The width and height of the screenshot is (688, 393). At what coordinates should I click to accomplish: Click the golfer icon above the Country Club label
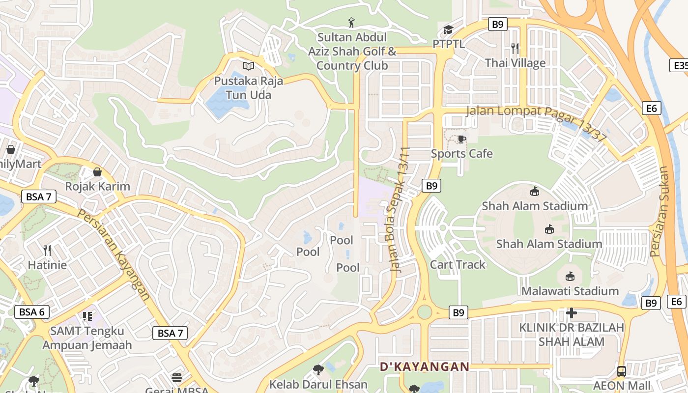coord(351,23)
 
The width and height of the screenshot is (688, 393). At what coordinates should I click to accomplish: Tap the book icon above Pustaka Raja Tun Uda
coord(249,66)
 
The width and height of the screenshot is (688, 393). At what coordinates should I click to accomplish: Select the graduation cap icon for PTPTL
coord(448,30)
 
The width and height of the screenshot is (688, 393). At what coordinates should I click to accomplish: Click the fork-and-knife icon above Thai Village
coord(515,48)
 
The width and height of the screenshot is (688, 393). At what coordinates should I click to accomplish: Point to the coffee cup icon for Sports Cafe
coord(461,139)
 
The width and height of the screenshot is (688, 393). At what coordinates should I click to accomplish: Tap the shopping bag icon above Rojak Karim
coord(97,172)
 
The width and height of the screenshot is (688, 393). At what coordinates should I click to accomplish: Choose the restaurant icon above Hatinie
coord(47,251)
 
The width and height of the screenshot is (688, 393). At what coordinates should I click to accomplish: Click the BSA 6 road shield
coord(32,311)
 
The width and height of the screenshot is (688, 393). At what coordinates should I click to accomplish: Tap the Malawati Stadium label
coord(570,291)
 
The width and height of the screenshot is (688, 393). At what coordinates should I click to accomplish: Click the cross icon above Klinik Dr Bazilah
coord(571,312)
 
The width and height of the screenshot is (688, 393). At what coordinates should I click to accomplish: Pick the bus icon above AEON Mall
coord(622,371)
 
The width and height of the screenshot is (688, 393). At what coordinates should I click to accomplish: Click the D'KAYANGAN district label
coord(425,366)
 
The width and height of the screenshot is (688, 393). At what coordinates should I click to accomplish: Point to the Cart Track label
coord(458,264)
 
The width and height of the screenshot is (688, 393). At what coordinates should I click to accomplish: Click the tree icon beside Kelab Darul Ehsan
coord(318,369)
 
